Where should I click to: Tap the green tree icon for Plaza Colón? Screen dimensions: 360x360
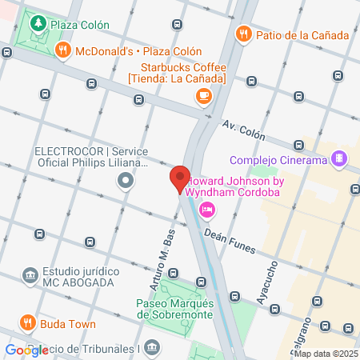click(x=37, y=24)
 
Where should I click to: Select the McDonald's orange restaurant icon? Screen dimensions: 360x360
click(x=62, y=51)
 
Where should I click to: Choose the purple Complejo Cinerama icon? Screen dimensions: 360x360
click(x=340, y=158)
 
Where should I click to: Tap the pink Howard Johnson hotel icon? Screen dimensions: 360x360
click(x=206, y=210)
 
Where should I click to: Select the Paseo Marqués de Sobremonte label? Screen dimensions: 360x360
click(x=175, y=308)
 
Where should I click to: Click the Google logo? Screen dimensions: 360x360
click(x=23, y=350)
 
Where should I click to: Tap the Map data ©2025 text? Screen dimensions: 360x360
click(x=326, y=354)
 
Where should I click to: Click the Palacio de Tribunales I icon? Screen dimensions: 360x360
click(x=153, y=347)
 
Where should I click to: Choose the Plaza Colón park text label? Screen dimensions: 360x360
click(x=80, y=24)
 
